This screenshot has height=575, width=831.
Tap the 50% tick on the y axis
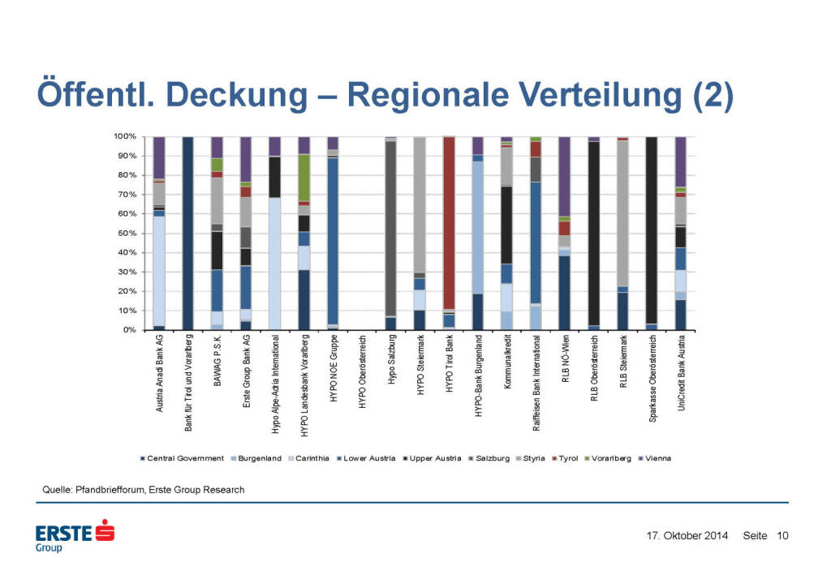pyautogui.click(x=126, y=234)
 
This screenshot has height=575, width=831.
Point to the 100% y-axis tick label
pyautogui.click(x=124, y=136)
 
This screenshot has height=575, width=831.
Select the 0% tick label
pyautogui.click(x=128, y=330)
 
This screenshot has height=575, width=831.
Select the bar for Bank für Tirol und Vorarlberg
pyautogui.click(x=187, y=234)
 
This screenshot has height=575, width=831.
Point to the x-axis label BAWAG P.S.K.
pyautogui.click(x=217, y=365)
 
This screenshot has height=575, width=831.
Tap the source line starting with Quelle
pyautogui.click(x=143, y=490)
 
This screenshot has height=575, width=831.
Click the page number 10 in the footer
pyautogui.click(x=783, y=535)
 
